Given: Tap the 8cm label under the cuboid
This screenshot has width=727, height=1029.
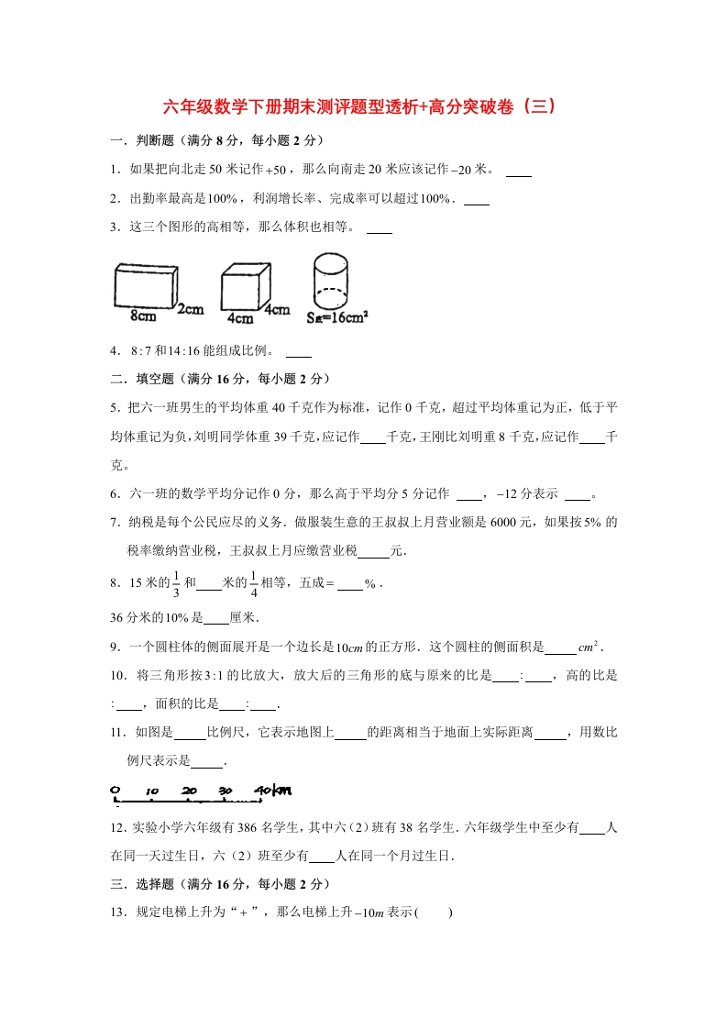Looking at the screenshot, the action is point(143,316).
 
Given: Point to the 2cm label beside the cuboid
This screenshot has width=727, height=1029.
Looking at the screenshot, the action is point(191,309).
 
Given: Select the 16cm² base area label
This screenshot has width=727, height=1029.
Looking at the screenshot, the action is point(337,318).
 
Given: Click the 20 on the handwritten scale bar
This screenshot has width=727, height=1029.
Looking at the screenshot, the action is point(190,791).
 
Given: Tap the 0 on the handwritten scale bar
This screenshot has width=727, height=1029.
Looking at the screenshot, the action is point(116,790).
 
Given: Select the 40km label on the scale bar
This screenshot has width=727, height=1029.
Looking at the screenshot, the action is point(272,790).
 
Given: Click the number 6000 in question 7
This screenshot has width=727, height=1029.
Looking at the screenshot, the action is point(506,523).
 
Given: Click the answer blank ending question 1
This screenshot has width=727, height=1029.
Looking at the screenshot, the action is point(519,170).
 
